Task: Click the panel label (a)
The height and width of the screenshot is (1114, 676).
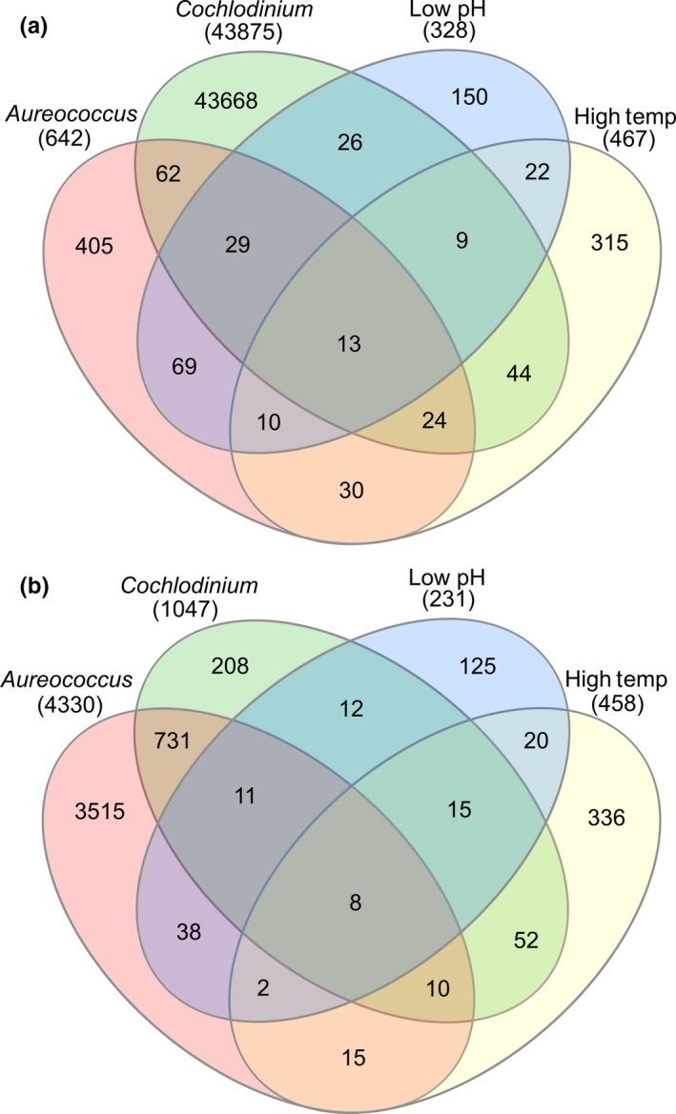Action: pyautogui.click(x=30, y=20)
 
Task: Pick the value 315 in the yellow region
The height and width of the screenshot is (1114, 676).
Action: pyautogui.click(x=608, y=243)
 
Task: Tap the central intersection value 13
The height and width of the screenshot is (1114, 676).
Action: pyautogui.click(x=349, y=343)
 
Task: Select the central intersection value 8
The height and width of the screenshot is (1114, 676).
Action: pyautogui.click(x=356, y=901)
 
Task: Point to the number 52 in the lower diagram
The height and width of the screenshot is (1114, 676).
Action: pyautogui.click(x=526, y=941)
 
